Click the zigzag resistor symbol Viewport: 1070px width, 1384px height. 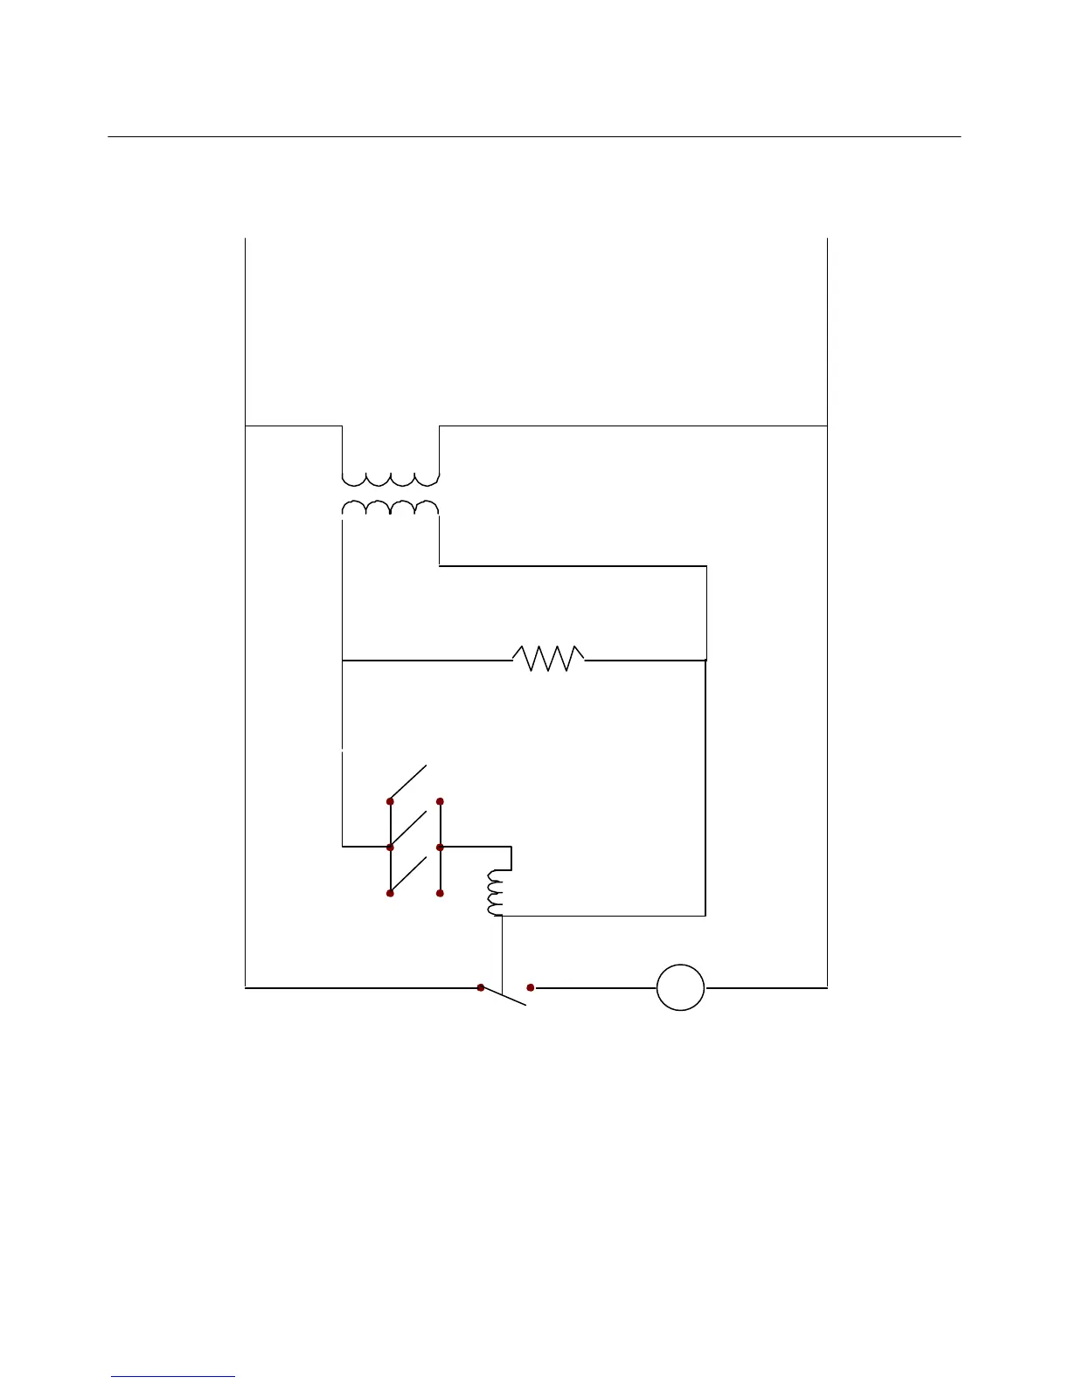click(548, 659)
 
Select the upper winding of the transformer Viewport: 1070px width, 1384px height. click(390, 479)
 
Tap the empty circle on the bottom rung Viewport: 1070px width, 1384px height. click(680, 987)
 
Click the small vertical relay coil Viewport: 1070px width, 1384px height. click(496, 893)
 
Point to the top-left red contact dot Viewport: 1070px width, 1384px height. click(390, 801)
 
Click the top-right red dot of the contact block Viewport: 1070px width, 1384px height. click(441, 801)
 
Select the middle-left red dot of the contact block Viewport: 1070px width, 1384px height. click(390, 848)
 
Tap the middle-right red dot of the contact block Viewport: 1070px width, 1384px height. click(441, 848)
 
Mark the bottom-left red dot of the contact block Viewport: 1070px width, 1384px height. click(390, 894)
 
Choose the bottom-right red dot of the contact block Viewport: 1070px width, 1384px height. click(441, 894)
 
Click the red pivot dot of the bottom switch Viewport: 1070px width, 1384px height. click(481, 987)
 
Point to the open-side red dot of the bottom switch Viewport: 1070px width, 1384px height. click(531, 987)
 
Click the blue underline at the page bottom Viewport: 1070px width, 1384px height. click(173, 1376)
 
